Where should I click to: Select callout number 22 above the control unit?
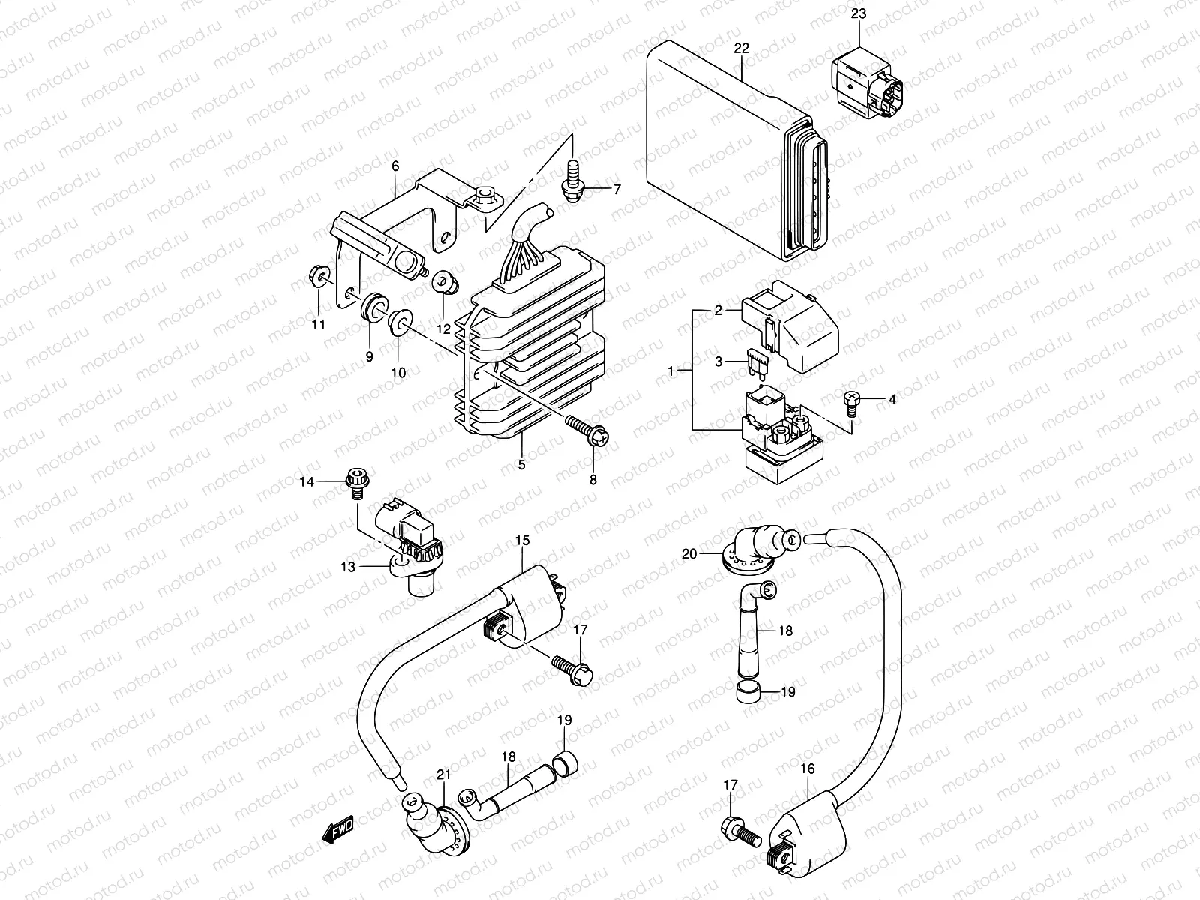(742, 49)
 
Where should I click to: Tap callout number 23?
(858, 13)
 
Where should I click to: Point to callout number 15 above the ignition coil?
(522, 540)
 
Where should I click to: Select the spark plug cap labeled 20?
(750, 546)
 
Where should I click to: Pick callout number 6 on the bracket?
(395, 166)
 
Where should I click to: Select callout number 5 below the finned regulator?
(521, 465)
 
